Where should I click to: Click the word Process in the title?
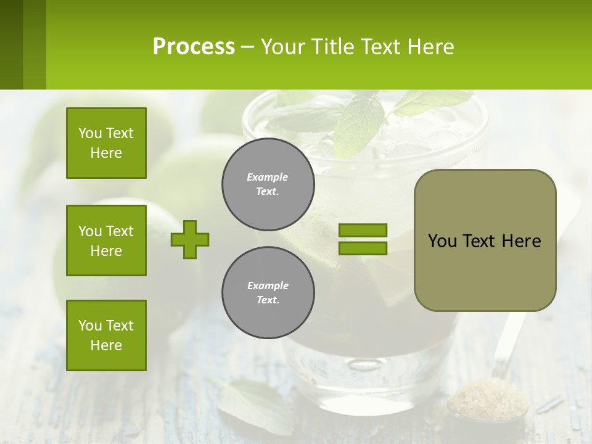pyautogui.click(x=194, y=47)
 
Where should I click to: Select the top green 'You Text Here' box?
pyautogui.click(x=106, y=143)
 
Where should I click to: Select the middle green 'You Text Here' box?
pyautogui.click(x=106, y=240)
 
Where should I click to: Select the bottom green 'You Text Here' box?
pyautogui.click(x=106, y=335)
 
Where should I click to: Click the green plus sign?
pyautogui.click(x=190, y=239)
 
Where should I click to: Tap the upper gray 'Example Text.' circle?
pyautogui.click(x=268, y=184)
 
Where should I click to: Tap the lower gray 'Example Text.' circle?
pyautogui.click(x=268, y=292)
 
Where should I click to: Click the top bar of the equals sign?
pyautogui.click(x=363, y=230)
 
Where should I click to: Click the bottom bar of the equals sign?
pyautogui.click(x=363, y=248)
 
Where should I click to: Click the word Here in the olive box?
pyautogui.click(x=521, y=241)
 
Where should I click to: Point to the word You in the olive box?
pyautogui.click(x=442, y=241)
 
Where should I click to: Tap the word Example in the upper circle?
pyautogui.click(x=268, y=177)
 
